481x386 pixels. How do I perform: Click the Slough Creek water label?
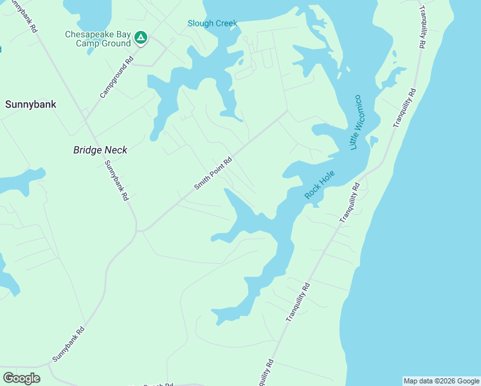coord(212,23)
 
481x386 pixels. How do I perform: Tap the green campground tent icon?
coord(141,39)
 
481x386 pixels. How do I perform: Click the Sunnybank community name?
coord(31,104)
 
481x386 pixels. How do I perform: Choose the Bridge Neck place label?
coord(100,150)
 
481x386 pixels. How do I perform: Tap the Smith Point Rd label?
coord(213,174)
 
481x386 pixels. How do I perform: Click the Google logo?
coord(22,378)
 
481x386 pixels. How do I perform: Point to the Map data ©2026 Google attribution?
coord(441,381)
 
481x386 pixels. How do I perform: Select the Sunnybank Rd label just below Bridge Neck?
coord(117,181)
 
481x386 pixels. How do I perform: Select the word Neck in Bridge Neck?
coord(116,150)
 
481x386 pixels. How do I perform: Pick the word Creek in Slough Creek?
coord(226,23)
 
